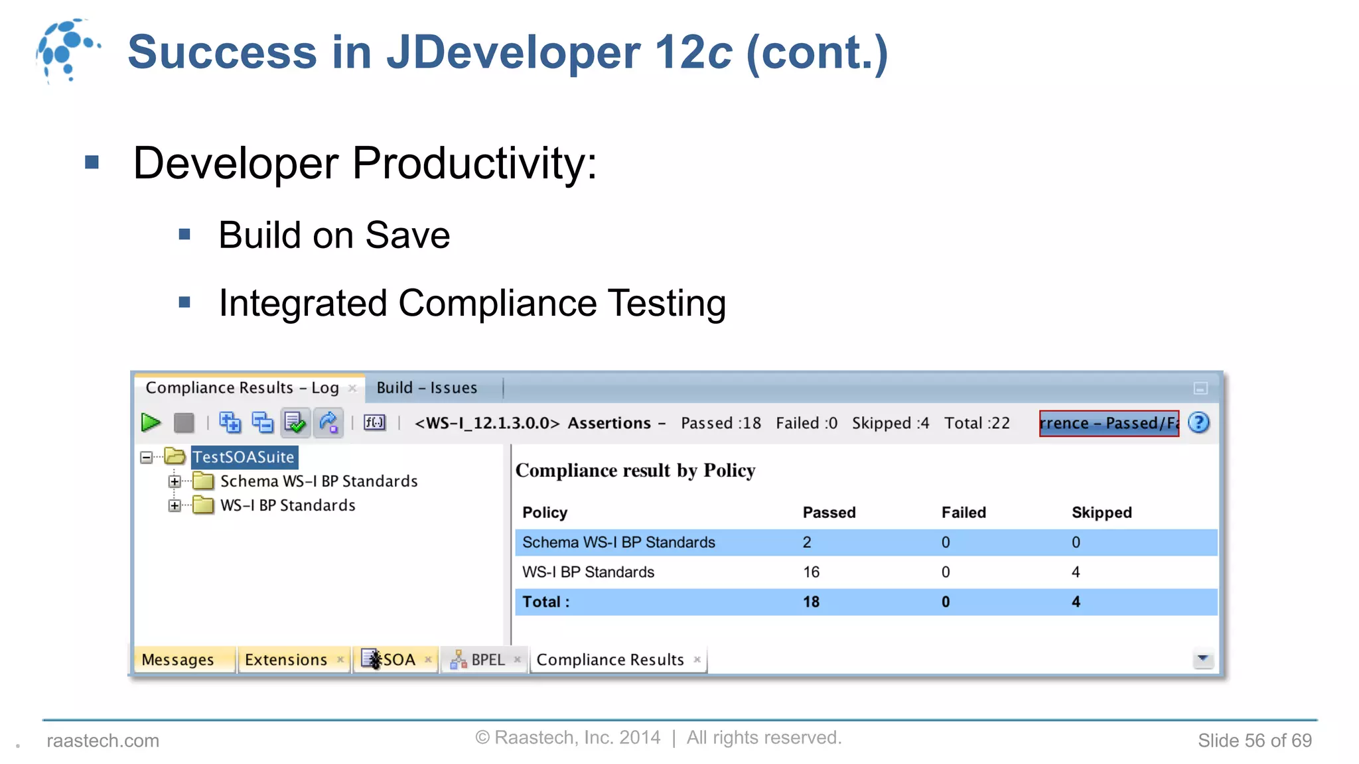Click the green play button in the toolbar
(151, 422)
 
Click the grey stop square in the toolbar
(184, 422)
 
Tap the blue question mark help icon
(1198, 422)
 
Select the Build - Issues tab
(427, 388)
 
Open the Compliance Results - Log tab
(242, 388)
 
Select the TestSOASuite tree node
(244, 457)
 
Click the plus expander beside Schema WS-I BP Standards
(175, 481)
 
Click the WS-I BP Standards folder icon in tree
(203, 505)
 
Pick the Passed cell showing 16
(811, 572)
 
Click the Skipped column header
(1102, 513)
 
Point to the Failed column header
(964, 513)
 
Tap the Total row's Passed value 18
(811, 602)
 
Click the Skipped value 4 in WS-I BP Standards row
(1076, 572)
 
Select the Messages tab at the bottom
(178, 660)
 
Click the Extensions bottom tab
(286, 660)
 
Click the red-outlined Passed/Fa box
(1109, 423)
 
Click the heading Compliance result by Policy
(635, 470)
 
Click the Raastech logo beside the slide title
(67, 50)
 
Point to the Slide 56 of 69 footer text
(1254, 740)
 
